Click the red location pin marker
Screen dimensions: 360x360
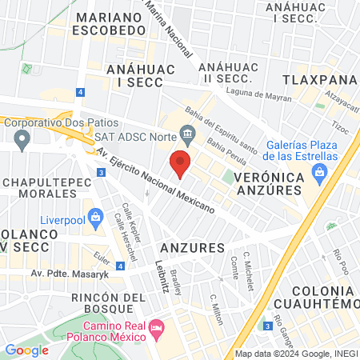point(181,163)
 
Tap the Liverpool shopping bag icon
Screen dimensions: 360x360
point(96,216)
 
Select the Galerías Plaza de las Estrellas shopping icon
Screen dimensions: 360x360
point(320,172)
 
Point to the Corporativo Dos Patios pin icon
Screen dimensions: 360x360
point(22,140)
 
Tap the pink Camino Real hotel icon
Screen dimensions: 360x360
point(158,328)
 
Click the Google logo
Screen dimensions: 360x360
point(26,350)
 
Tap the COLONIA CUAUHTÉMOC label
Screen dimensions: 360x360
point(316,296)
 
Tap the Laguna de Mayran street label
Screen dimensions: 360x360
point(255,94)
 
